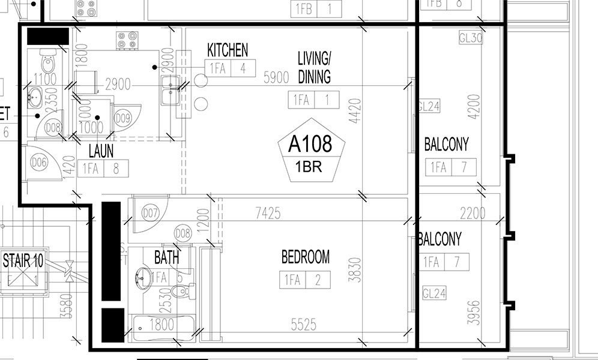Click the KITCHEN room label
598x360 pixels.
pyautogui.click(x=228, y=50)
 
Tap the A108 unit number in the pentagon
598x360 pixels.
pyautogui.click(x=310, y=145)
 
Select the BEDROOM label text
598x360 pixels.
pyautogui.click(x=305, y=257)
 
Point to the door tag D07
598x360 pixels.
pyautogui.click(x=149, y=212)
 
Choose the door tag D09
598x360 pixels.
pyautogui.click(x=123, y=117)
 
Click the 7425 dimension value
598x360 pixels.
pyautogui.click(x=267, y=212)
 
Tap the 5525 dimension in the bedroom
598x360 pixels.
pyautogui.click(x=303, y=325)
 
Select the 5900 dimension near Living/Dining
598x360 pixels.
pyautogui.click(x=277, y=76)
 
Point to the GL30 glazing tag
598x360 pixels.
pyautogui.click(x=471, y=38)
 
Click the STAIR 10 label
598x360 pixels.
pyautogui.click(x=23, y=261)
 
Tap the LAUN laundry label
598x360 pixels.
pyautogui.click(x=101, y=151)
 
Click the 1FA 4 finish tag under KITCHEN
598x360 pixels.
pyautogui.click(x=230, y=68)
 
